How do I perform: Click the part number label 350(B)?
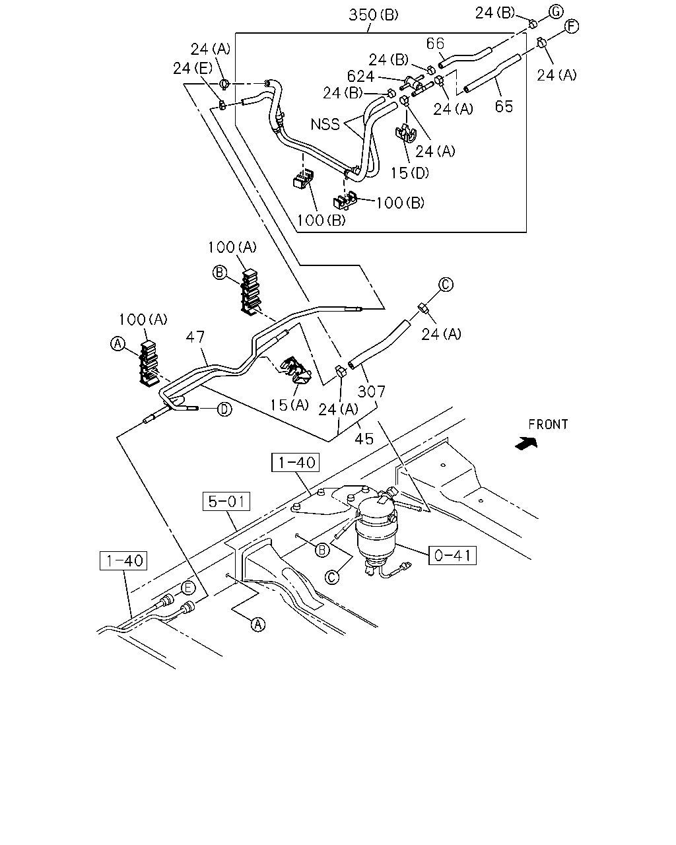373,15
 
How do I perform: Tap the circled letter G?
557,12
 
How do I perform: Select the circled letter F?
572,26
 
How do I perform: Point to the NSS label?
325,124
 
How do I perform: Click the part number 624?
360,76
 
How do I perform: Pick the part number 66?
435,44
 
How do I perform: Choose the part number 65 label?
504,106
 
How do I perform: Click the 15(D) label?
410,173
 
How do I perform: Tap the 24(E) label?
193,68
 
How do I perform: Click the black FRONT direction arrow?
526,444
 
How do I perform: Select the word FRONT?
548,424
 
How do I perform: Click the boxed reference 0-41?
452,556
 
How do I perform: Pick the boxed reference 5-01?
226,502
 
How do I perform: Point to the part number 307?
371,391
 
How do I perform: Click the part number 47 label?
195,337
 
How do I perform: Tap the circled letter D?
224,409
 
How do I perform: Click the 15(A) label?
290,405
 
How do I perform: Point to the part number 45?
364,439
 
